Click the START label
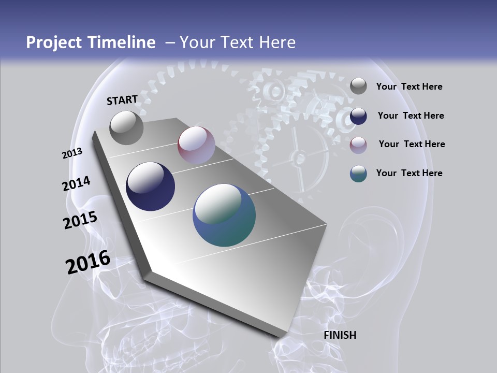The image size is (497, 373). tap(122, 100)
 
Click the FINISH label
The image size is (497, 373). tap(340, 335)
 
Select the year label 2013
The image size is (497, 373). tap(72, 153)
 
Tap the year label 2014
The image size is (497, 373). tap(77, 183)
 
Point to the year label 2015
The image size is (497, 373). tap(80, 220)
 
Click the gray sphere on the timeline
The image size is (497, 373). tap(126, 127)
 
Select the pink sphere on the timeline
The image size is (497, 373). tap(196, 145)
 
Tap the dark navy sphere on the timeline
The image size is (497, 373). tap(151, 187)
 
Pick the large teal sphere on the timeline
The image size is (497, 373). tap(224, 215)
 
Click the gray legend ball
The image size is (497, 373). tap(358, 87)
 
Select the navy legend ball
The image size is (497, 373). tap(358, 116)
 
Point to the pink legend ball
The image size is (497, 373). tap(358, 145)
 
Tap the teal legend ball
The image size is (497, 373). tap(358, 174)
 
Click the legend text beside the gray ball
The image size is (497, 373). tap(409, 87)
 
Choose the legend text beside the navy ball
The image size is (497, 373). tap(411, 116)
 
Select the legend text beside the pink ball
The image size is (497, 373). tap(412, 144)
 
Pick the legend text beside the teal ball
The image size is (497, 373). tap(409, 173)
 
